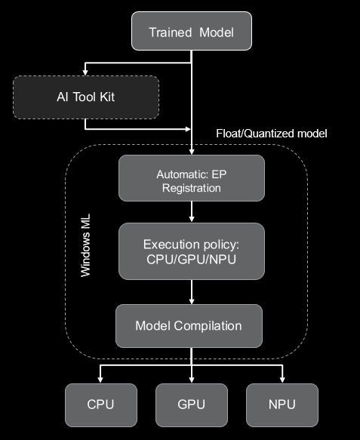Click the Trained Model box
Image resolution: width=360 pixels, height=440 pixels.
(x=191, y=32)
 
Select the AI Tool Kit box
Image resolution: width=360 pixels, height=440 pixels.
(x=86, y=97)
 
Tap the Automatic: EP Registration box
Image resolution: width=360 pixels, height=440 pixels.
(x=192, y=180)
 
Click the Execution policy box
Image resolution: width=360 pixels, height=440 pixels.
(x=192, y=251)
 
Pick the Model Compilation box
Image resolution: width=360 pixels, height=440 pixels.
(x=189, y=326)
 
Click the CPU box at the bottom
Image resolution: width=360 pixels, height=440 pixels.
(x=101, y=404)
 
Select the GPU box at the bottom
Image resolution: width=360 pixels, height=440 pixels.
(x=192, y=404)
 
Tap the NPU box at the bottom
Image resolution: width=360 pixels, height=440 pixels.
(x=282, y=404)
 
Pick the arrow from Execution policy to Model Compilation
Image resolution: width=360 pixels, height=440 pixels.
(x=192, y=291)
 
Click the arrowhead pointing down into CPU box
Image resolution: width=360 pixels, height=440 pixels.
(x=101, y=379)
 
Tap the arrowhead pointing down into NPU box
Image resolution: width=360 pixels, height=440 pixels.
(x=282, y=379)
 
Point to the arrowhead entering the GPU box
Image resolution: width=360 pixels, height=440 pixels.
(x=192, y=379)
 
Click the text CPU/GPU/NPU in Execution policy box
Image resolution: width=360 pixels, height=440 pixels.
(x=192, y=260)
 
